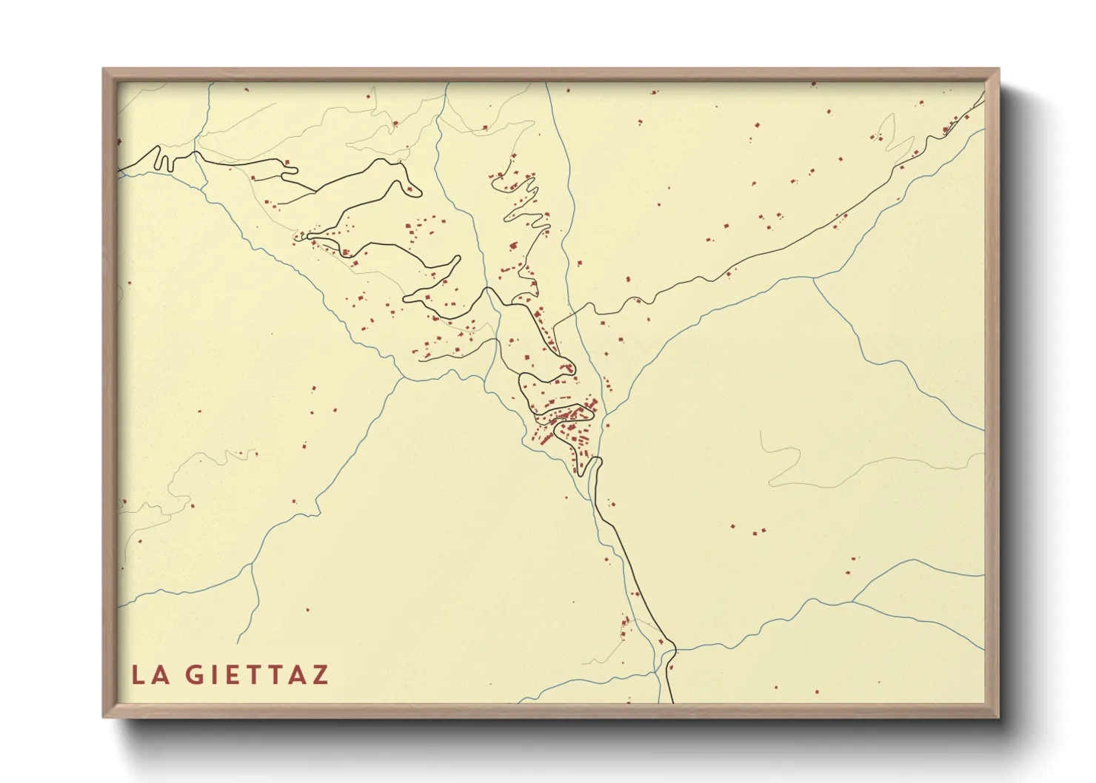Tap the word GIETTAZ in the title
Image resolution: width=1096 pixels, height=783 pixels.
tap(255, 675)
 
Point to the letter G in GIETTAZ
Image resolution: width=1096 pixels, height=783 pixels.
tap(194, 675)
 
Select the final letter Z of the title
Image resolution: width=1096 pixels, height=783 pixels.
tap(319, 675)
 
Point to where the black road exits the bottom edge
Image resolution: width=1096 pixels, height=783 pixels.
tap(672, 702)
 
